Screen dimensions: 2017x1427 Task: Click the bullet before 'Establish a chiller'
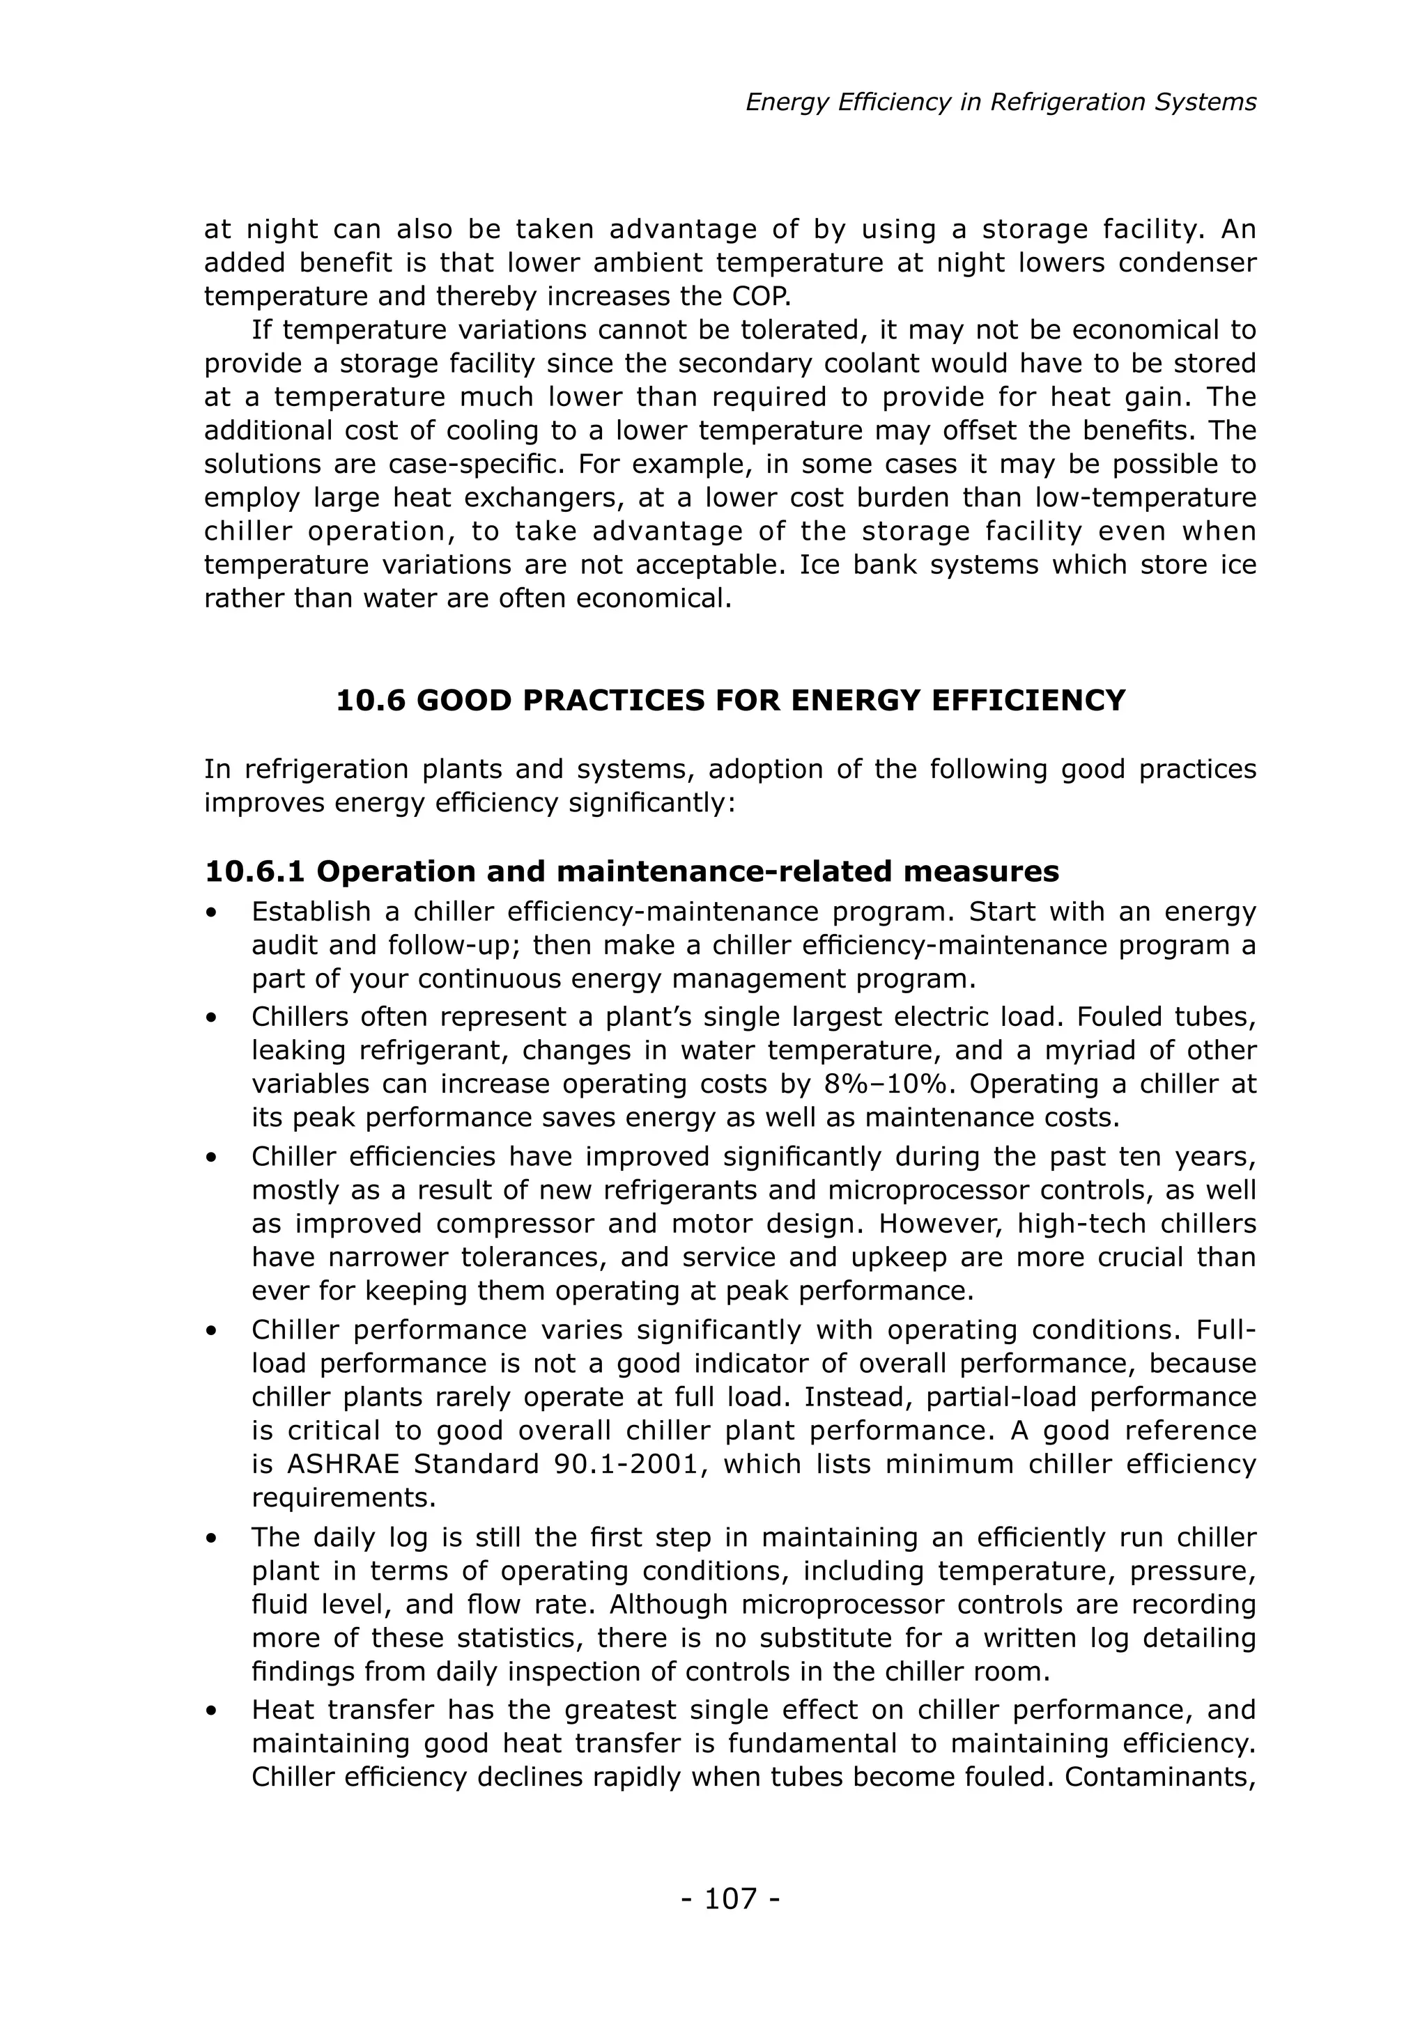(x=211, y=913)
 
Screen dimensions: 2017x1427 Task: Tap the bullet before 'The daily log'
(x=211, y=1539)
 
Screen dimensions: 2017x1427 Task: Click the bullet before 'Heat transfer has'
(x=211, y=1711)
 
